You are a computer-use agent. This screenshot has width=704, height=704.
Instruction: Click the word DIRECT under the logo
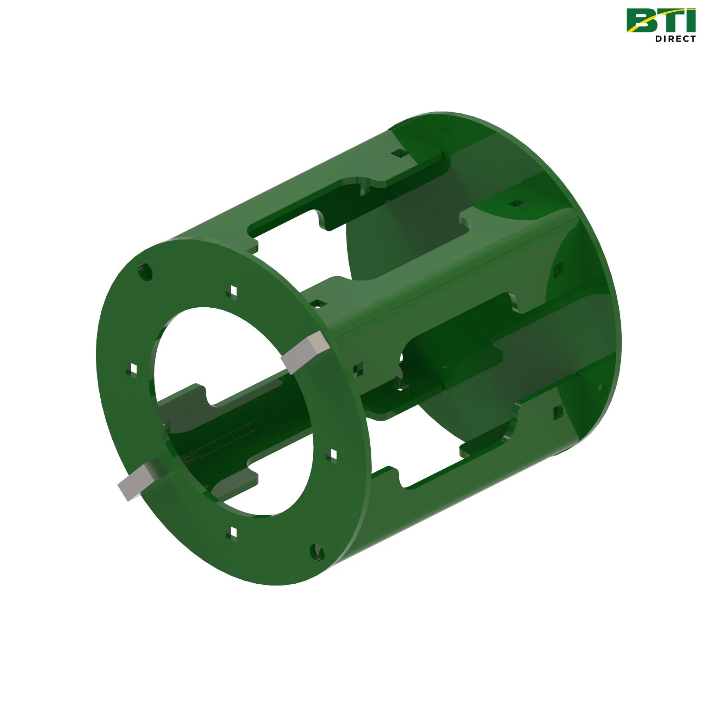pyautogui.click(x=675, y=39)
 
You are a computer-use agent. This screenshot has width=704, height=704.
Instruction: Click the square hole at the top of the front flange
pyautogui.click(x=232, y=290)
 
